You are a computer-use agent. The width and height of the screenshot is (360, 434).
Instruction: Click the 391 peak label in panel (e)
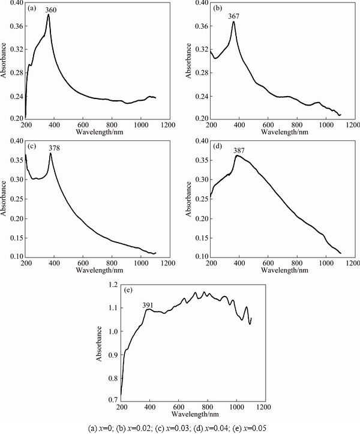148,305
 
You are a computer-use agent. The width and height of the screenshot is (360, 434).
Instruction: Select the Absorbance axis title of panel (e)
99,343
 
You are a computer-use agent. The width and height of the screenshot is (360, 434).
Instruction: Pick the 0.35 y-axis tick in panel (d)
202,161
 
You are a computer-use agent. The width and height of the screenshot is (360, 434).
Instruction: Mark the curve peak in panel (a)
48,15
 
